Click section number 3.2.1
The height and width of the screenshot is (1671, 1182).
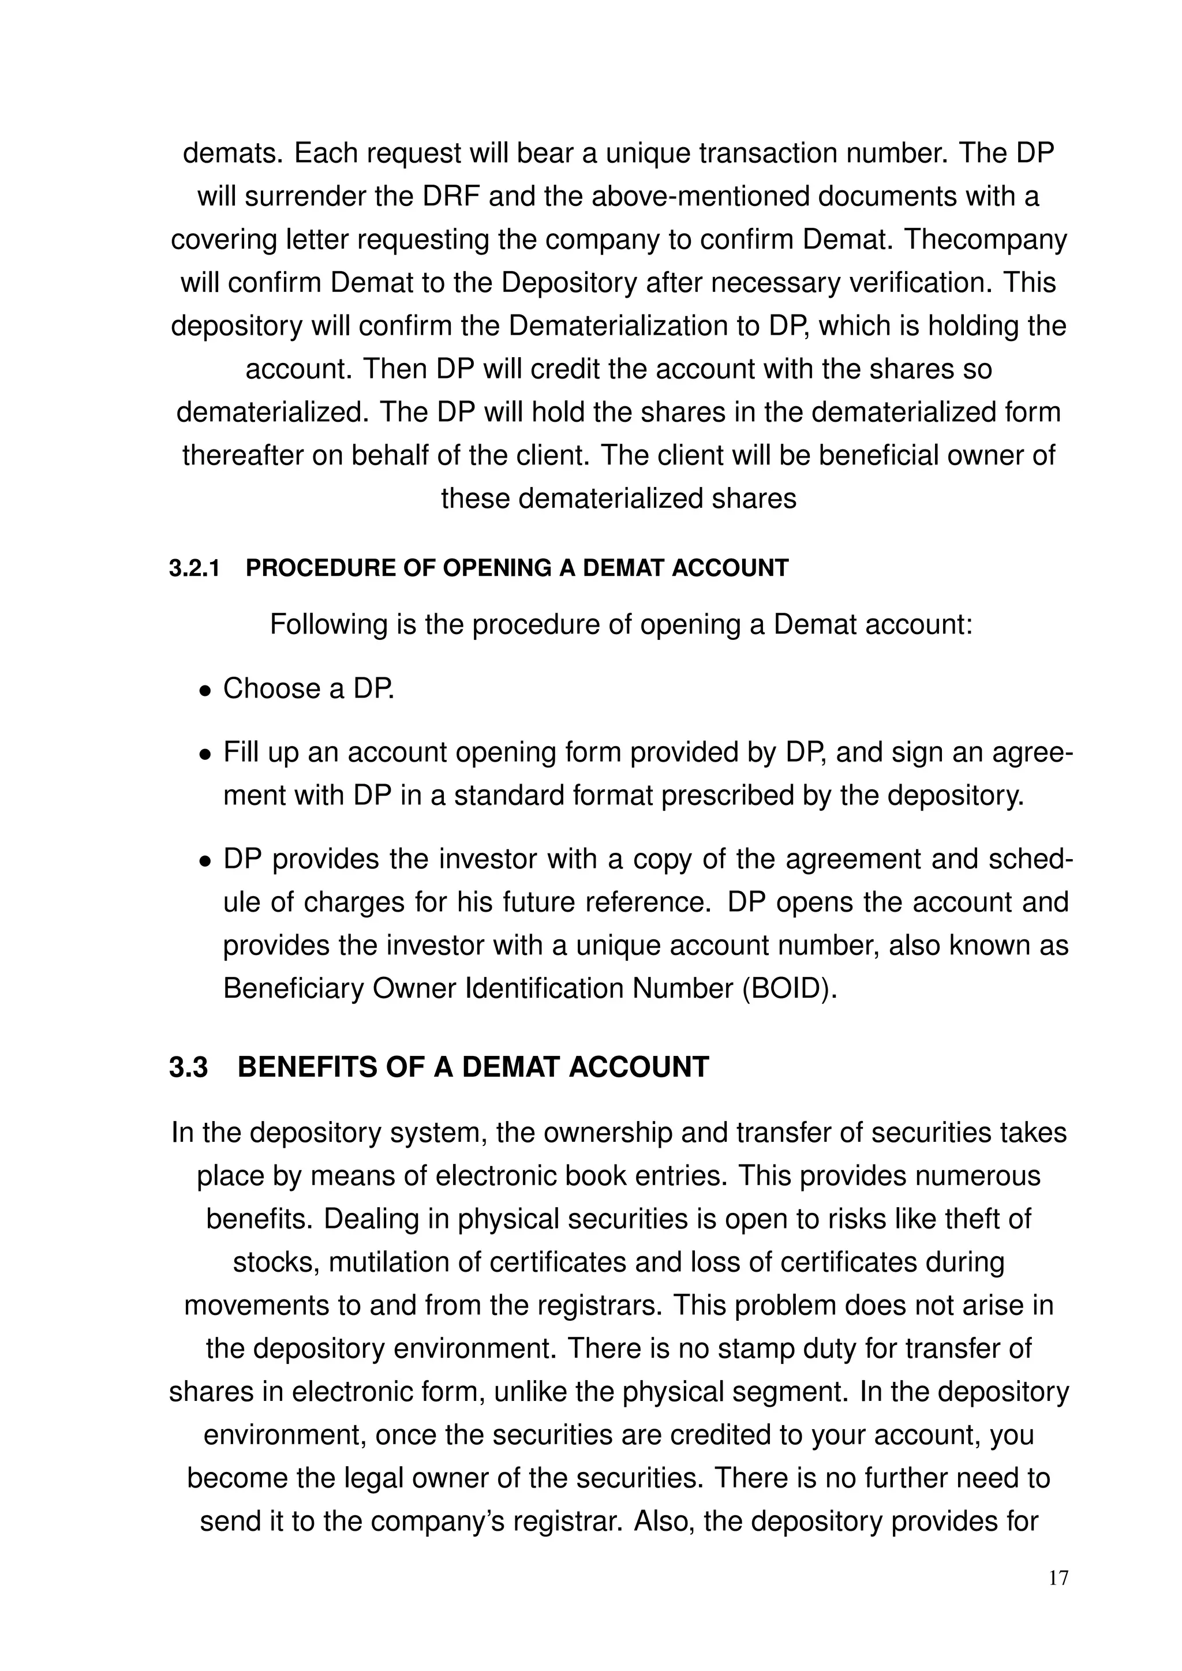(194, 568)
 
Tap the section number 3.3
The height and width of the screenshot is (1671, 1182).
(189, 1067)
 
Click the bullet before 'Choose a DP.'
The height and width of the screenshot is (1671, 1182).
(206, 691)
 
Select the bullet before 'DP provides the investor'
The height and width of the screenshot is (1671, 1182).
(206, 861)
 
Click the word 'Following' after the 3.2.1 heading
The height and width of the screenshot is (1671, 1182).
(328, 624)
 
